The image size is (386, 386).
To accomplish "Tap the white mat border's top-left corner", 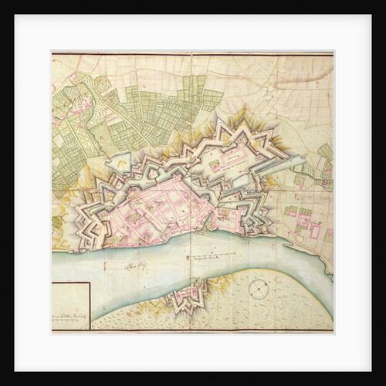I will point(15,15).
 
